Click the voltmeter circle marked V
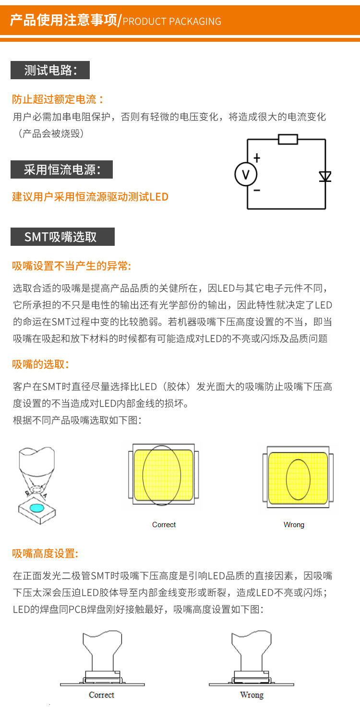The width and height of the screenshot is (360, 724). pyautogui.click(x=246, y=174)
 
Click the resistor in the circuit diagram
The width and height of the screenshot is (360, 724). pyautogui.click(x=288, y=139)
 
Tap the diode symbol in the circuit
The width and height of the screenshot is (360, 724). pyautogui.click(x=325, y=177)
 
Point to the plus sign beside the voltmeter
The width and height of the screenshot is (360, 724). pyautogui.click(x=257, y=157)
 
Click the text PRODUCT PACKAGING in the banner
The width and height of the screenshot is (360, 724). pyautogui.click(x=172, y=22)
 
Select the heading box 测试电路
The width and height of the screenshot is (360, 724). pyautogui.click(x=50, y=71)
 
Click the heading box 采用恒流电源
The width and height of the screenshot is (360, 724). pyautogui.click(x=61, y=169)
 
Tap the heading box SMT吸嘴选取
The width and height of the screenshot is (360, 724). pyautogui.click(x=62, y=237)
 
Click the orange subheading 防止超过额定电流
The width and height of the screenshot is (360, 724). pyautogui.click(x=58, y=99)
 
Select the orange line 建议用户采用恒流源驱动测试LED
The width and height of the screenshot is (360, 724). pyautogui.click(x=90, y=197)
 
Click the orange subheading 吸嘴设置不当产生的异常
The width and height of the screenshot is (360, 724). pyautogui.click(x=72, y=266)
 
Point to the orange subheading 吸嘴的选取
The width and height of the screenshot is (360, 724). pyautogui.click(x=41, y=364)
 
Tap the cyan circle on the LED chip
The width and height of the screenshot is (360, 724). pyautogui.click(x=36, y=507)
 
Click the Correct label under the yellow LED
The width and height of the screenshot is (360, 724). pyautogui.click(x=164, y=525)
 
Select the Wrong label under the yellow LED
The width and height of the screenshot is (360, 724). pyautogui.click(x=294, y=525)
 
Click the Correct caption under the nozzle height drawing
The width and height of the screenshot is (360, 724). pyautogui.click(x=102, y=695)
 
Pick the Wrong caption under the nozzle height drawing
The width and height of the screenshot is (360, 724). pyautogui.click(x=252, y=695)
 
